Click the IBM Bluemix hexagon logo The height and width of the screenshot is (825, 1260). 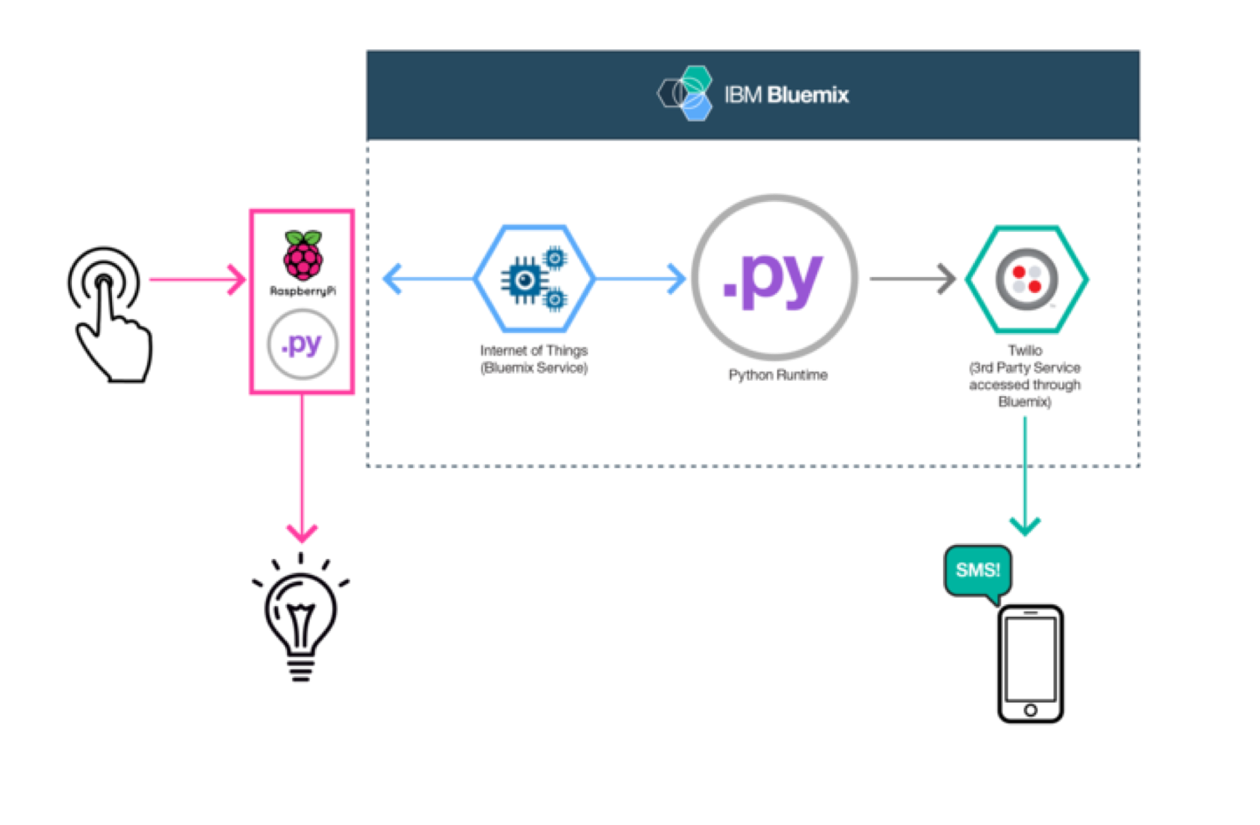(x=686, y=94)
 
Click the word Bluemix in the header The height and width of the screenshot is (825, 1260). (x=808, y=95)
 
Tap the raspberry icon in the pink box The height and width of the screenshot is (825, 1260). (x=302, y=256)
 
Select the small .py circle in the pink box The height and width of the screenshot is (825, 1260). (x=302, y=344)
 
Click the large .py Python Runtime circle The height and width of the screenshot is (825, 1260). (x=775, y=277)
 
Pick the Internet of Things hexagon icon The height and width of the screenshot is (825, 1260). (x=534, y=279)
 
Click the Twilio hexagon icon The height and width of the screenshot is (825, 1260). (x=1027, y=279)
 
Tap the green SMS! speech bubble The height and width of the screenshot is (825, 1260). (x=978, y=571)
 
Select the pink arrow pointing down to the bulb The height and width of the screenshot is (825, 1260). (x=302, y=472)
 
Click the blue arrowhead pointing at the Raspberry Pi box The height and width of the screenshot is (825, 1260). (x=393, y=279)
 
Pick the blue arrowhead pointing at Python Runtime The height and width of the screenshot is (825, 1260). (x=676, y=279)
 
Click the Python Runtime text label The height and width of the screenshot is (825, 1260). (x=777, y=375)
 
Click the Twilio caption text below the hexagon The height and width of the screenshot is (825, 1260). (x=1024, y=376)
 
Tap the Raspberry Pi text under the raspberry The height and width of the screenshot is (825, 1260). (x=303, y=291)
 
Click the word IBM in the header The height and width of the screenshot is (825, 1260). (x=742, y=95)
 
